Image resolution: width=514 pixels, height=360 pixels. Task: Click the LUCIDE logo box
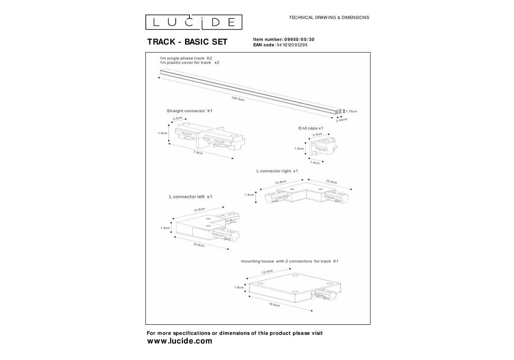[194, 22]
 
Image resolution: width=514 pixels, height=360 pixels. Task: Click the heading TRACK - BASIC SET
[187, 42]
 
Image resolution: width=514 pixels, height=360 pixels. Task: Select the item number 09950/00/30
[299, 39]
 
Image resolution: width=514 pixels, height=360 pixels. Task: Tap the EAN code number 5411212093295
[292, 45]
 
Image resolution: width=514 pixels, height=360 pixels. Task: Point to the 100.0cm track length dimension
[238, 99]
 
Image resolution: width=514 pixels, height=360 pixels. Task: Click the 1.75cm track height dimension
[351, 111]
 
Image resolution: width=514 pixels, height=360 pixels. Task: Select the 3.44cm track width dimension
[342, 120]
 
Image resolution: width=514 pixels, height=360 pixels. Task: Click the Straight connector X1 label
[190, 111]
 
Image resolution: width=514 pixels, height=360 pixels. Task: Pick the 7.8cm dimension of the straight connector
[198, 152]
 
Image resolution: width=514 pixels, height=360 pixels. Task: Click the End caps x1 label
[311, 128]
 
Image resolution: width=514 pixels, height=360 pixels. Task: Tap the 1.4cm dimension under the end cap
[315, 163]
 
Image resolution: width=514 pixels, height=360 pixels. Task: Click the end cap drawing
[323, 147]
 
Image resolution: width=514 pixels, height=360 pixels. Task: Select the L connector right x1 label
[277, 171]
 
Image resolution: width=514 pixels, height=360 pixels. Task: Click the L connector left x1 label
[190, 197]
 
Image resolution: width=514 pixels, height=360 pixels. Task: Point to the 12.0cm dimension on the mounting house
[267, 272]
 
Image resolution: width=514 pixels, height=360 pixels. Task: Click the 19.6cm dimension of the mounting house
[274, 305]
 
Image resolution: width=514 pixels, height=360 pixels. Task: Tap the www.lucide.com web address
[180, 341]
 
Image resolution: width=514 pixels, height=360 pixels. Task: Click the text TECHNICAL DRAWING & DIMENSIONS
[329, 18]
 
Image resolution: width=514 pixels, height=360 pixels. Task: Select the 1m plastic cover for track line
[190, 62]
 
